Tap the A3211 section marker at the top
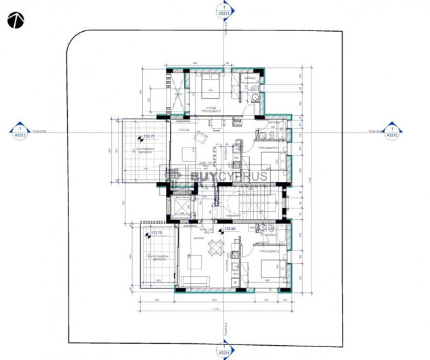(222, 12)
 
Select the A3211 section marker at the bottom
(222, 350)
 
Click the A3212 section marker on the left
(21, 131)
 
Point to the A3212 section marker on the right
(391, 131)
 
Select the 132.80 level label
(229, 229)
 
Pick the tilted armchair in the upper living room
(201, 137)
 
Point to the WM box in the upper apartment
(237, 120)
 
